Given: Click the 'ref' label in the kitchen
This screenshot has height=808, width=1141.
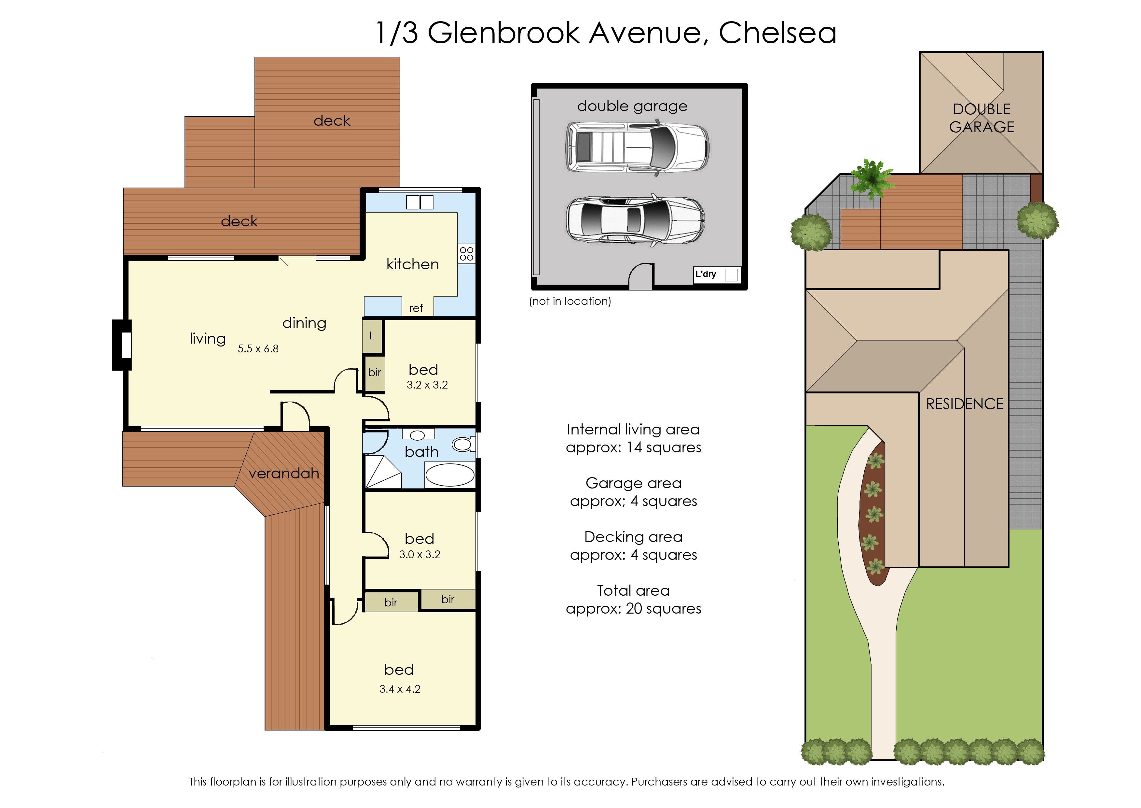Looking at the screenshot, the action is [x=416, y=308].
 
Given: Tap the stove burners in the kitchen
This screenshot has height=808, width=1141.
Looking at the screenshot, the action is [x=466, y=254].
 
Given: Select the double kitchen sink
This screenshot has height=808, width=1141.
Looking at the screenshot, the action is [x=419, y=202].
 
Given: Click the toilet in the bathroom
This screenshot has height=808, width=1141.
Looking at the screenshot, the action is [x=464, y=444].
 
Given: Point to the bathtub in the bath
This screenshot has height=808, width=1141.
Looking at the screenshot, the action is [x=450, y=475].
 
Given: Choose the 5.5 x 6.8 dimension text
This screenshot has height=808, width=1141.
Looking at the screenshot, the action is [x=258, y=349].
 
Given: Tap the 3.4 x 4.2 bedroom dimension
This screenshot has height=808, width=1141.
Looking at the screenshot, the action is [x=400, y=689].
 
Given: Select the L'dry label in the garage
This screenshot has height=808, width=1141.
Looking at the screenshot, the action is [x=706, y=274].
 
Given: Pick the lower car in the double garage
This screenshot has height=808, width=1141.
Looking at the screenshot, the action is [x=635, y=220].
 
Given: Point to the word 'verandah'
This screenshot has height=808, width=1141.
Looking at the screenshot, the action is [x=284, y=473].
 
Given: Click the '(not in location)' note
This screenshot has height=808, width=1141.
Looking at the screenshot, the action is [x=570, y=301].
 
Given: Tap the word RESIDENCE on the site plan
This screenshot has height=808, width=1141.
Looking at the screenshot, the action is [x=965, y=404].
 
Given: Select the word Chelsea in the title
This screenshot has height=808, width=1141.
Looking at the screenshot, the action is [x=777, y=33].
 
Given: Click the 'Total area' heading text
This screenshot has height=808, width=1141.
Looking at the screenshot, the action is [x=633, y=590].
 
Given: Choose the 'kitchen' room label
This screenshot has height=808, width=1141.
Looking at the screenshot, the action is [x=413, y=264].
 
